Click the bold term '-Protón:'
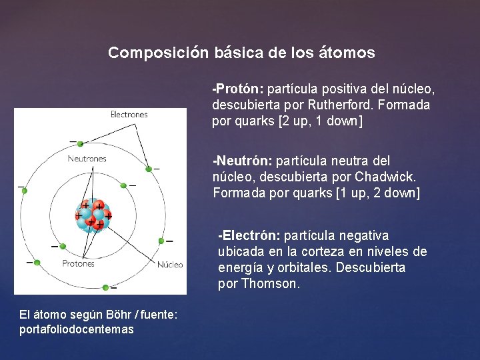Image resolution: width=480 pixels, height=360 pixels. tap(238, 89)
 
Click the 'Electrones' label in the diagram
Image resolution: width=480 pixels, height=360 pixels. tap(129, 115)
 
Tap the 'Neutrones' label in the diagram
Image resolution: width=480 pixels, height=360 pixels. tap(87, 159)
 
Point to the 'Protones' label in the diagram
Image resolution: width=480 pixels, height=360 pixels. tap(79, 263)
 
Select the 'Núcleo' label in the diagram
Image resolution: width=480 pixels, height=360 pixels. tap(170, 265)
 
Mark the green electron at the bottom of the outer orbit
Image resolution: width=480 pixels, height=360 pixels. tap(105, 287)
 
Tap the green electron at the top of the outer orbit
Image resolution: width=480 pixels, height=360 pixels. tap(81, 143)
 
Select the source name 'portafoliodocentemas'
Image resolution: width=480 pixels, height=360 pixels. tap(77, 329)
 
